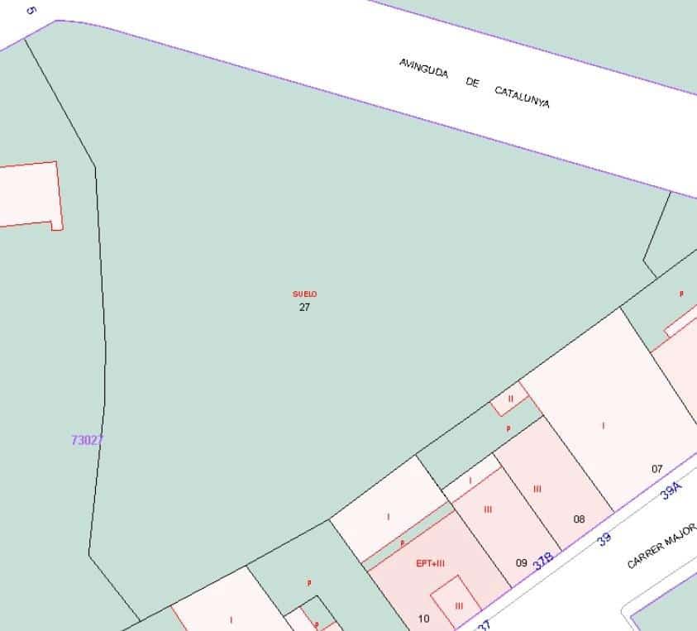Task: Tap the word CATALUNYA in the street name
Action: click(522, 98)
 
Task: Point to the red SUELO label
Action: click(304, 294)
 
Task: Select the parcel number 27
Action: click(304, 307)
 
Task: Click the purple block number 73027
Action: click(87, 441)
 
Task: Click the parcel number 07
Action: click(657, 469)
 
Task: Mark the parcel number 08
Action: click(579, 519)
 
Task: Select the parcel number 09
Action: click(521, 563)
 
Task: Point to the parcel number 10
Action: click(423, 619)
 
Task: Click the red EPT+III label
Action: click(430, 564)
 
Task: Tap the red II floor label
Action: click(510, 399)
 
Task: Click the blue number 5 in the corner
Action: click(31, 11)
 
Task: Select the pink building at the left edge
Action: click(29, 195)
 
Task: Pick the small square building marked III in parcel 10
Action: click(456, 601)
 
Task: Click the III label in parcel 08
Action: click(537, 489)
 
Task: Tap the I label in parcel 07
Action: click(603, 426)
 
